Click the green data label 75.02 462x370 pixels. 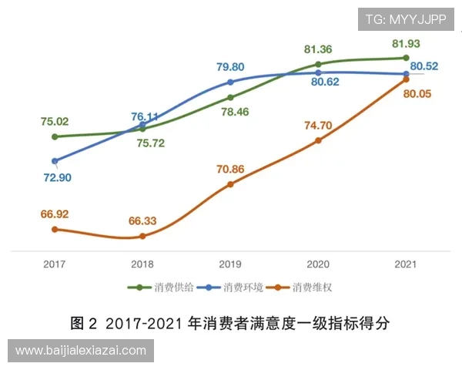click(55, 121)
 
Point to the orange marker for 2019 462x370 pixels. click(230, 184)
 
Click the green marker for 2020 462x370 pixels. click(318, 64)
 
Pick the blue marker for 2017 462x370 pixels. click(55, 161)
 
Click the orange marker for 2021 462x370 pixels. click(406, 79)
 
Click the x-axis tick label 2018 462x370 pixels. click(142, 264)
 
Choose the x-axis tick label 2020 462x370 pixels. click(318, 264)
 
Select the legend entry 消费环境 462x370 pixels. click(234, 288)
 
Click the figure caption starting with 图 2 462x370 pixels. click(231, 322)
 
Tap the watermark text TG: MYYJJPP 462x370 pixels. click(406, 18)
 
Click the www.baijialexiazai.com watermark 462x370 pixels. click(80, 351)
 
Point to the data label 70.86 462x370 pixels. click(230, 169)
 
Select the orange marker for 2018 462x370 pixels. click(142, 236)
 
